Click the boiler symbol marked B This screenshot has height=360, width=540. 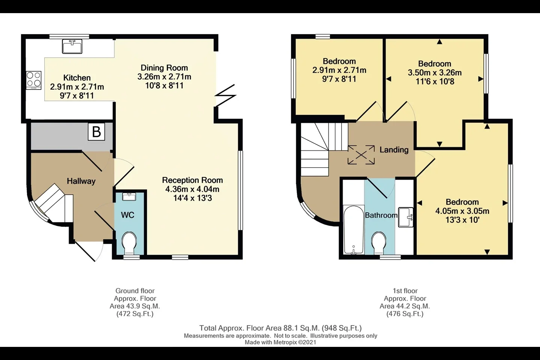coord(96,132)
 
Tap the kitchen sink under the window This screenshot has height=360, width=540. coord(72,46)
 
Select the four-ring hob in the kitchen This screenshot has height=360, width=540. coord(34,80)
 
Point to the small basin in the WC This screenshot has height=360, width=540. coord(129,196)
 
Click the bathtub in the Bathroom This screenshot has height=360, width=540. coord(353,230)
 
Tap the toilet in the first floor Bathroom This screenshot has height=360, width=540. coord(379,243)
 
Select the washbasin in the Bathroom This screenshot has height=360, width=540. coord(406,217)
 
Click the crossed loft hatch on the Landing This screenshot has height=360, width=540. coord(361,155)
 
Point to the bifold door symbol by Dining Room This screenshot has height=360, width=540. coord(225,95)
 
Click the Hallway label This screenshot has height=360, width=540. coord(81,181)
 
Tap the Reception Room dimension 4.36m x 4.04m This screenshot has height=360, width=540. coord(192,189)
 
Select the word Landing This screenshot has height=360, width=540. coord(394,150)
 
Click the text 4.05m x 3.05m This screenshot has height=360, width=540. coord(462,211)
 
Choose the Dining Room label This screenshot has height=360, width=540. coord(164,68)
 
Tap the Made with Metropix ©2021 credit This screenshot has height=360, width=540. coord(280,342)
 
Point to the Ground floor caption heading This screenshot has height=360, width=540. coord(135,291)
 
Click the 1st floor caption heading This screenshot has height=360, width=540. coord(405,291)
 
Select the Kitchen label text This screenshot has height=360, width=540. coord(77,78)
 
